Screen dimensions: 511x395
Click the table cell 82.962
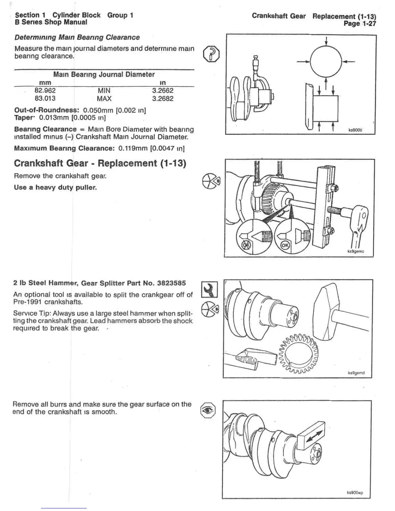pos(45,91)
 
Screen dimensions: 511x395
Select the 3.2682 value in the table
pos(163,98)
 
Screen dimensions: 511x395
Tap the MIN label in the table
pos(104,91)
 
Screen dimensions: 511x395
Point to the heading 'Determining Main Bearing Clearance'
pos(77,37)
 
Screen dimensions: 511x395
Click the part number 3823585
pos(171,283)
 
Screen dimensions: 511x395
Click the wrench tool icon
pos(209,289)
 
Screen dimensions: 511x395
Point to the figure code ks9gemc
pos(355,252)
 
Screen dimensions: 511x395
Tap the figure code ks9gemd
pos(356,373)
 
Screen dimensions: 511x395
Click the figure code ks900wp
pos(355,493)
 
